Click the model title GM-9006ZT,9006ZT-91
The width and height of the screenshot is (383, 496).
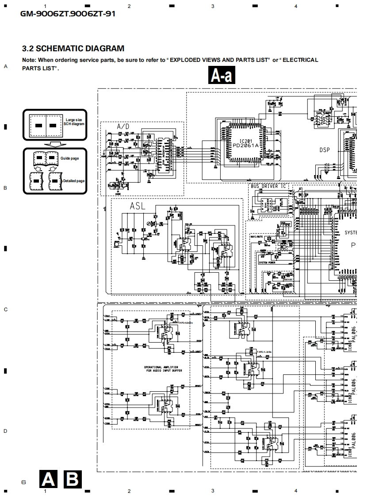(68, 14)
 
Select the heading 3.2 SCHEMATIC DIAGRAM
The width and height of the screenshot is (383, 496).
(73, 49)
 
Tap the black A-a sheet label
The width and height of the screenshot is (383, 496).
(222, 76)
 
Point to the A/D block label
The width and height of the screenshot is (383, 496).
(123, 127)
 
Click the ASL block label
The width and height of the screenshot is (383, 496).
(137, 206)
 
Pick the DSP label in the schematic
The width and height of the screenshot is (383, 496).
(325, 150)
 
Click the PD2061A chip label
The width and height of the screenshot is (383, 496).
(246, 145)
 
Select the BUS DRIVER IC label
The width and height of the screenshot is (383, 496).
(268, 186)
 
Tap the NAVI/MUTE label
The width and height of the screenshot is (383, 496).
(257, 237)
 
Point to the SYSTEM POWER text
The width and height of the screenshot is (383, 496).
(267, 263)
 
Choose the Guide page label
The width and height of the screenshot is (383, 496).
(69, 158)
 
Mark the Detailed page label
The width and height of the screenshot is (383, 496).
(73, 181)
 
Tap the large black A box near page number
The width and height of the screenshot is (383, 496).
(48, 479)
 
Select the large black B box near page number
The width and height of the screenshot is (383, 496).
(73, 479)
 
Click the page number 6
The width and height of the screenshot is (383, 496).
(23, 482)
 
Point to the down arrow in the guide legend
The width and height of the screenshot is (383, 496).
(55, 144)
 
